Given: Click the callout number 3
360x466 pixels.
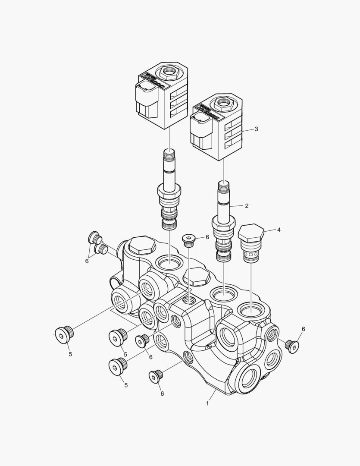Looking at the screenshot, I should tap(256, 129).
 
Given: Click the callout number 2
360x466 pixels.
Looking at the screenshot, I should tap(247, 206).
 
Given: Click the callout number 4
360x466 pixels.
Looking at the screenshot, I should tap(279, 230).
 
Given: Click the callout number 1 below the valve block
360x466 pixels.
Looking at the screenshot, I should tap(207, 403).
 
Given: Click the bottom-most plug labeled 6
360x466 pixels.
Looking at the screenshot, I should tap(156, 376).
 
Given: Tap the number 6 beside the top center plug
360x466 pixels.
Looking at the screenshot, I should tap(207, 237).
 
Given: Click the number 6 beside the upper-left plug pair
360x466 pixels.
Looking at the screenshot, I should tap(87, 261).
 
